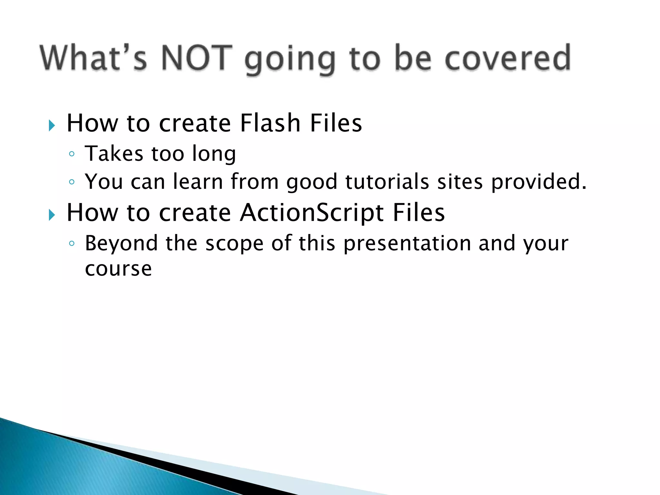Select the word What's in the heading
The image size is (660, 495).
(93, 58)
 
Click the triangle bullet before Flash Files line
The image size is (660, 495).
(52, 125)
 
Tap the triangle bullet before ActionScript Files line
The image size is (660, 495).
(52, 215)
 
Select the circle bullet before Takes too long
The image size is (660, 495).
(72, 154)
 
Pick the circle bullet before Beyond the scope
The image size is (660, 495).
(72, 244)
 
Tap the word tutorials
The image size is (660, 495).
(387, 181)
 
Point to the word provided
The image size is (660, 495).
(539, 182)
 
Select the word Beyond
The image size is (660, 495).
(121, 244)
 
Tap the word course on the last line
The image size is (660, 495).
(118, 269)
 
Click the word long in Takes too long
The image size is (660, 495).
(214, 154)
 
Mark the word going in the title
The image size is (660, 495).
(290, 60)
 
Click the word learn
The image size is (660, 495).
(198, 181)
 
